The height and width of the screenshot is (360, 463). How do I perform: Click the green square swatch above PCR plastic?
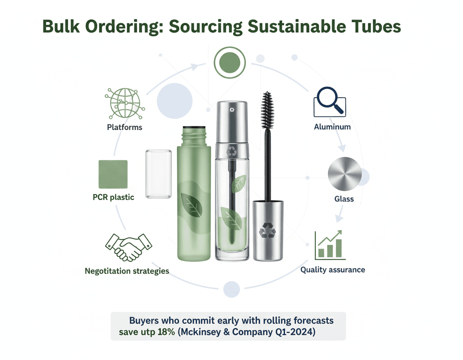[113, 174]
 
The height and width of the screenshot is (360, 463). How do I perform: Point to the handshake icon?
[128, 246]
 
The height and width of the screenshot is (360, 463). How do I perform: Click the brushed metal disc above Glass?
[344, 174]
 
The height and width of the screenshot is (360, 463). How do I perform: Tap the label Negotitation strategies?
[127, 271]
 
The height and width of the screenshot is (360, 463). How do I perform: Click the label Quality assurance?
[333, 270]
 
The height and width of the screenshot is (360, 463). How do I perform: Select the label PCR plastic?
[114, 197]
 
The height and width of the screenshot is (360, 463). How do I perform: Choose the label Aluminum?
[332, 127]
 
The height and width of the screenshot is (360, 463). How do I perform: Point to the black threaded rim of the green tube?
[194, 129]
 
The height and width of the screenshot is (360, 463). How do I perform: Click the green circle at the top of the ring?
[229, 62]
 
